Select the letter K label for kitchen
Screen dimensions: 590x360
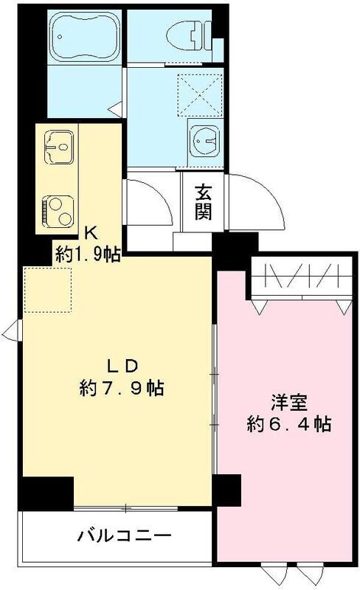tap(89, 234)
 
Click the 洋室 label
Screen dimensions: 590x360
tap(284, 403)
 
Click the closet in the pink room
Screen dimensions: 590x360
tap(299, 280)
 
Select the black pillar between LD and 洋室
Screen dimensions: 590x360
tap(227, 489)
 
